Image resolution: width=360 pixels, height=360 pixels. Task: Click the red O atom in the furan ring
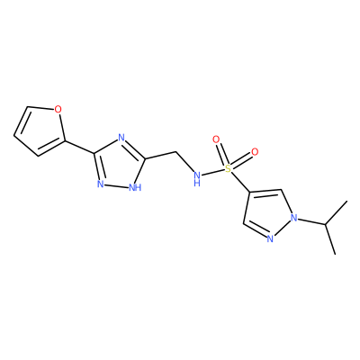tap(58, 110)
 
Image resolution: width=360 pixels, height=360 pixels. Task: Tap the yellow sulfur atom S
tap(229, 168)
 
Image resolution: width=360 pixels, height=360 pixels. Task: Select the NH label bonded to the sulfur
tap(197, 179)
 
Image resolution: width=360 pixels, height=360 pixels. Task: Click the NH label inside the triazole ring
tap(135, 188)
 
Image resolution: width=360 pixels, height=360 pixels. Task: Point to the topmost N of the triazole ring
tap(121, 138)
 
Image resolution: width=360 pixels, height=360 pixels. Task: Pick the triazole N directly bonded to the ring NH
tap(101, 184)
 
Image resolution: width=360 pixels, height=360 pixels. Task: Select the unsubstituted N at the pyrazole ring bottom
tap(270, 239)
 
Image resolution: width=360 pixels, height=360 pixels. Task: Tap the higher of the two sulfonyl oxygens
tap(216, 139)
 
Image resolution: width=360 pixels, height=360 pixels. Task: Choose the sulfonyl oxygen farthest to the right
tap(255, 152)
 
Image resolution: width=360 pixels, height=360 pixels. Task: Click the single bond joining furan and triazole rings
tap(79, 147)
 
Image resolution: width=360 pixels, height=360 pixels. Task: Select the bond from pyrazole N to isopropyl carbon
tap(312, 221)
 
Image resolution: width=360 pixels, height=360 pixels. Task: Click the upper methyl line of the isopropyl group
tap(337, 212)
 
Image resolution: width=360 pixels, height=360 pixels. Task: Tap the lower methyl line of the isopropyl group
tap(330, 239)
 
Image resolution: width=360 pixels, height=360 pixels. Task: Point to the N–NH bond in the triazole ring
tap(116, 185)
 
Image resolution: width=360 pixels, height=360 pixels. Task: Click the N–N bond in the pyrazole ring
tap(283, 229)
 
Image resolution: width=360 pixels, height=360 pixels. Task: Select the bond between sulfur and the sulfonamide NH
tap(213, 173)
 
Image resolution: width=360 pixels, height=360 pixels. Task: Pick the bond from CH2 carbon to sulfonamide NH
tap(184, 162)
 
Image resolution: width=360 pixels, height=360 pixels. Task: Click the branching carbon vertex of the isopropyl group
tap(325, 224)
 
